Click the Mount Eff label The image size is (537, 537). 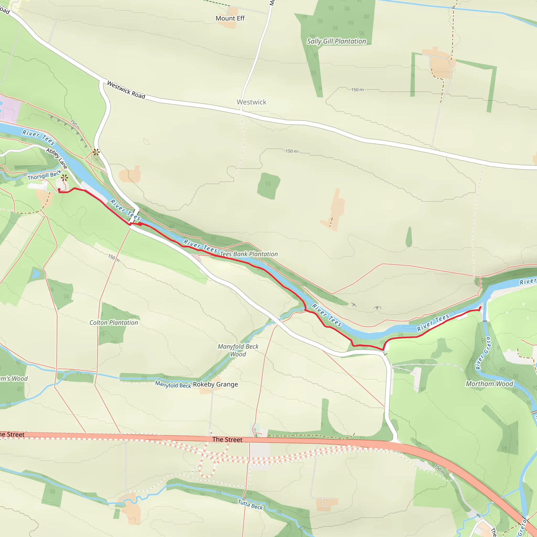tap(230, 18)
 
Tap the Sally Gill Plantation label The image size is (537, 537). tap(336, 41)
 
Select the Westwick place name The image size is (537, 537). tap(251, 102)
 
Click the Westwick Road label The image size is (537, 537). tap(126, 89)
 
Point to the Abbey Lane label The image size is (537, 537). tap(57, 158)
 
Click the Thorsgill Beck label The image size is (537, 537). tap(45, 175)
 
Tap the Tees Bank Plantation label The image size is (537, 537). tap(249, 254)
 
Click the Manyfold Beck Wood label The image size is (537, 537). tap(238, 350)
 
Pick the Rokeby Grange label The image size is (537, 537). tap(216, 384)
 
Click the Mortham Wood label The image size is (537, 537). tap(489, 384)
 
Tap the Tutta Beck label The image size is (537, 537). tap(250, 504)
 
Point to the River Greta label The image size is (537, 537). tap(483, 353)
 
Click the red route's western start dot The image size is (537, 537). tap(59, 190)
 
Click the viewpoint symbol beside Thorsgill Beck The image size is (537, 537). tap(65, 178)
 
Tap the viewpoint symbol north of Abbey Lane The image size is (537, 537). tap(96, 152)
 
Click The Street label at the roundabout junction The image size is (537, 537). tap(227, 439)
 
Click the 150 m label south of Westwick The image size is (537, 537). tap(292, 151)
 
